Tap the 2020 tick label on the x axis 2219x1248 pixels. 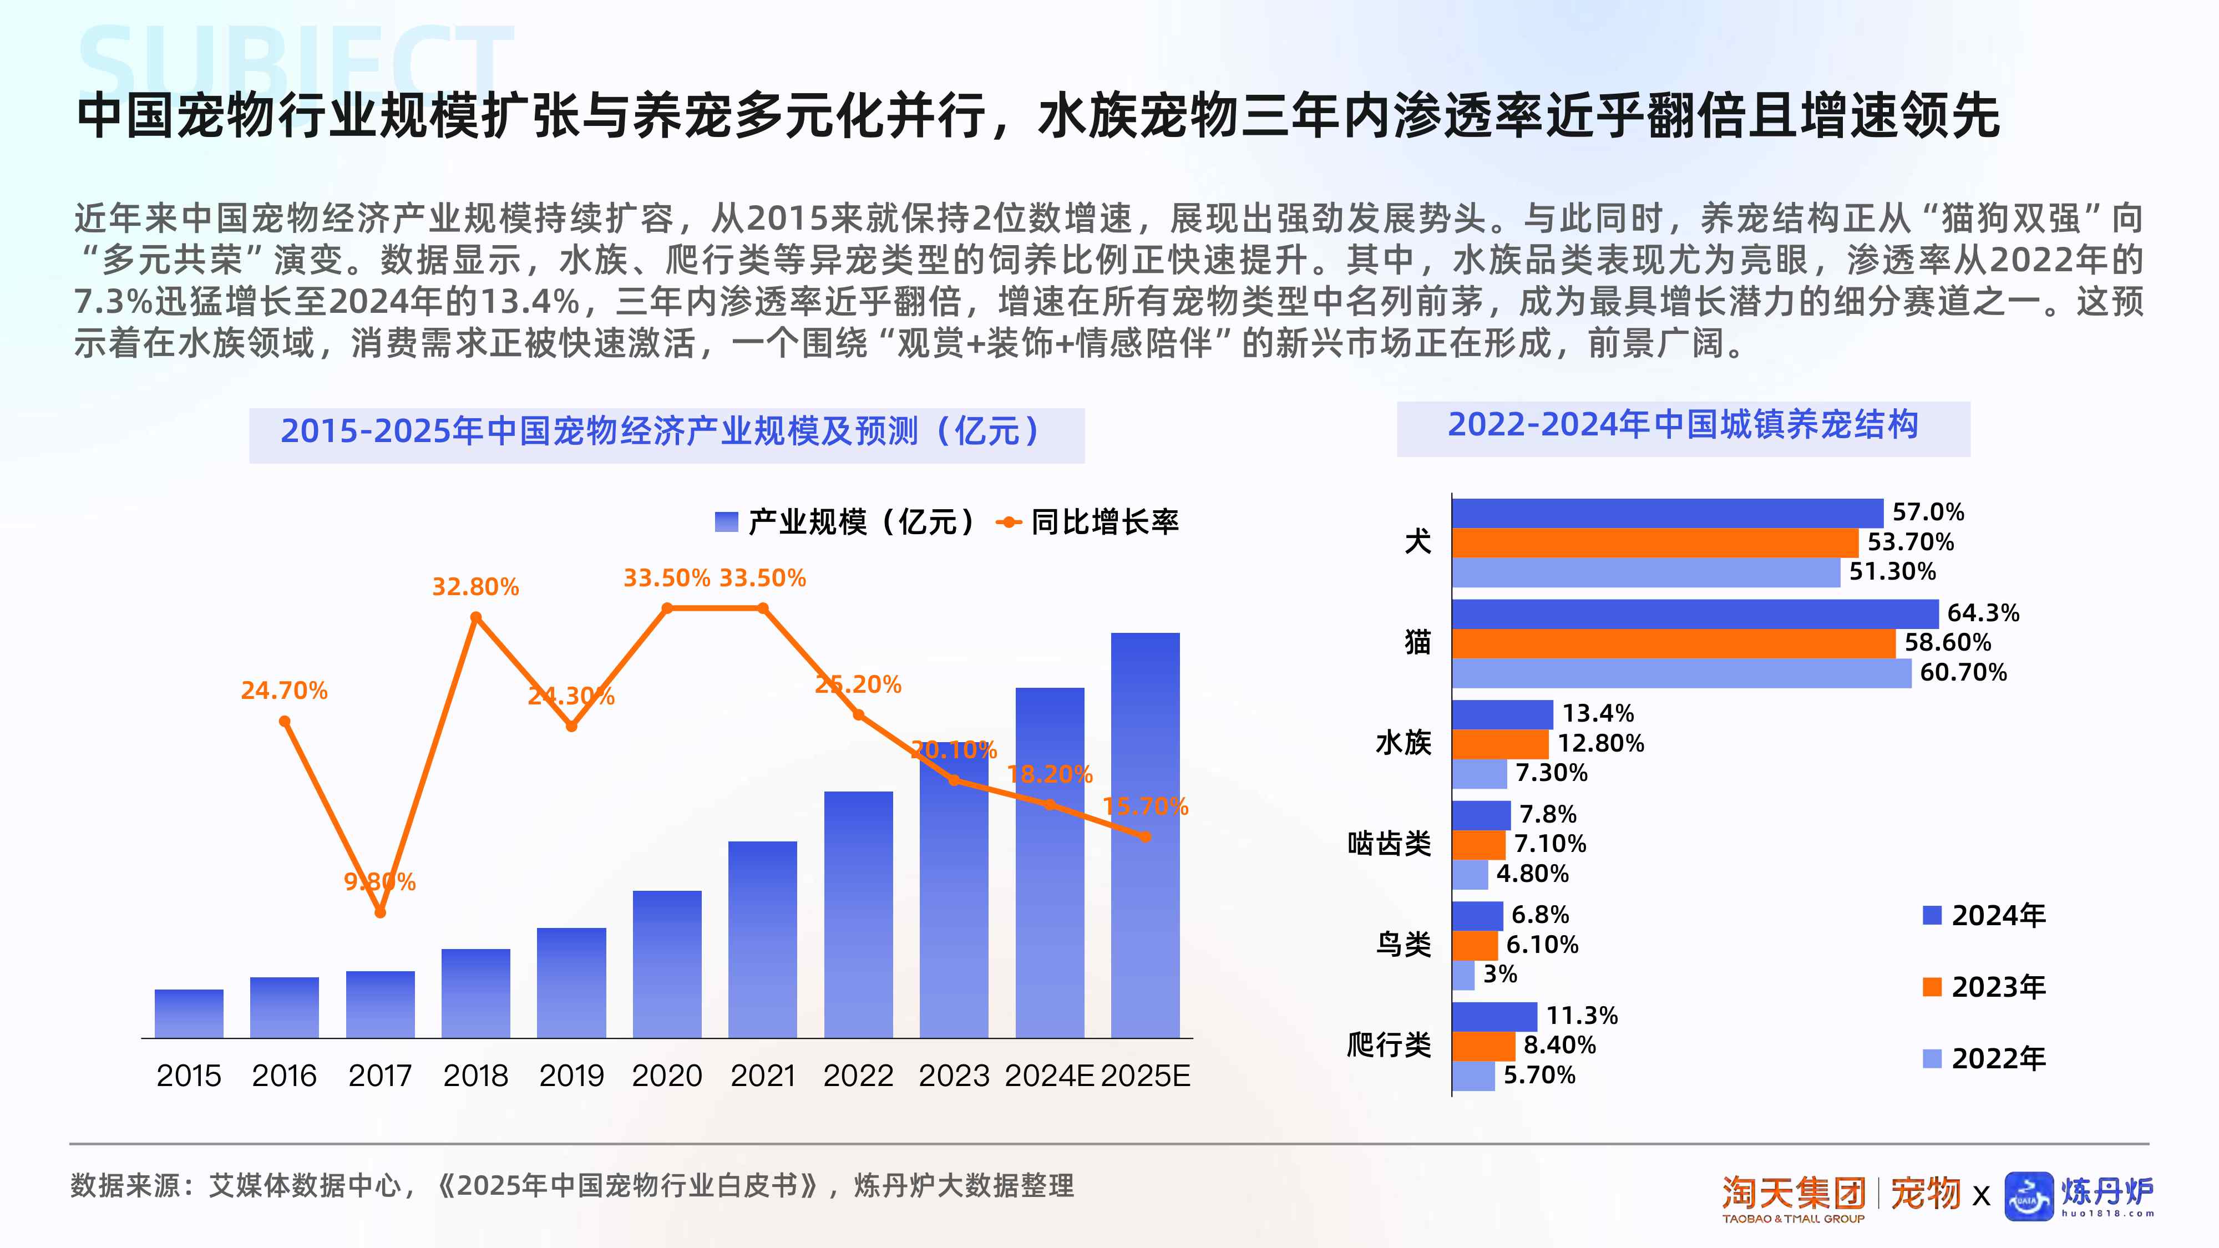pyautogui.click(x=667, y=1075)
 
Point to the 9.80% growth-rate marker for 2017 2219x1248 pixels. pyautogui.click(x=380, y=912)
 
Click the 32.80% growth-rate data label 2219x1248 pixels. pyautogui.click(x=475, y=587)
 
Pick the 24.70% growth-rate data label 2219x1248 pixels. pyautogui.click(x=283, y=691)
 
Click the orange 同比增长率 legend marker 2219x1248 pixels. pyautogui.click(x=1008, y=522)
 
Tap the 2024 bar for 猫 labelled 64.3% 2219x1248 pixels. pyautogui.click(x=1694, y=614)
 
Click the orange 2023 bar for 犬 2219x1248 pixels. pyautogui.click(x=1654, y=542)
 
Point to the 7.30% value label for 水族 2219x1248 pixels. pyautogui.click(x=1551, y=773)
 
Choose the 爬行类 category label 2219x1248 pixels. pyautogui.click(x=1389, y=1046)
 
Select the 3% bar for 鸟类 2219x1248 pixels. pyautogui.click(x=1463, y=975)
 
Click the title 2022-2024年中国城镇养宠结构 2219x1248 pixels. pyautogui.click(x=1683, y=425)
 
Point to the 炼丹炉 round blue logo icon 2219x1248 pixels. pyautogui.click(x=2029, y=1196)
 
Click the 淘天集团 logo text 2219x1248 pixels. pyautogui.click(x=1794, y=1194)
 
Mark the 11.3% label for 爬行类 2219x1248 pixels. pyautogui.click(x=1582, y=1016)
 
